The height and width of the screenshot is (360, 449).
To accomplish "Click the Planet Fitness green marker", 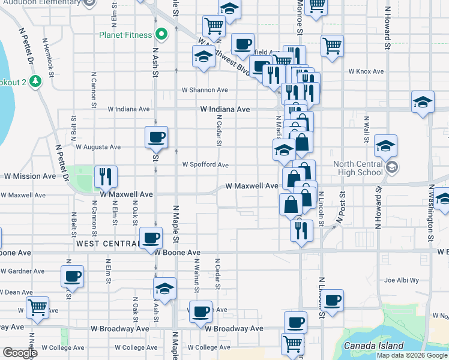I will coord(160,35).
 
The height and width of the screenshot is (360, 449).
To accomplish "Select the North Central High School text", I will coord(358,168).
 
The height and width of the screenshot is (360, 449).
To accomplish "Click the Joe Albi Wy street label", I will coord(401,280).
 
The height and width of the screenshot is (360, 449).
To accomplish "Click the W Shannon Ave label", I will coord(205,90).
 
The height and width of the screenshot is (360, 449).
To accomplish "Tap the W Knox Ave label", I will coord(367,71).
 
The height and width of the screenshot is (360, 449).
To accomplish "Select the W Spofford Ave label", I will coord(205,164).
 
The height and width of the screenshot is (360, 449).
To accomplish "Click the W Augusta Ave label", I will coord(98,146).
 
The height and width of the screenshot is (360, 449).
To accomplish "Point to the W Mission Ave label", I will coord(30,176).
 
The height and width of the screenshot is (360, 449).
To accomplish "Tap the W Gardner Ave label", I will coord(22,271).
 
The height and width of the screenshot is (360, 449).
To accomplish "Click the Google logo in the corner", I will coord(20,353).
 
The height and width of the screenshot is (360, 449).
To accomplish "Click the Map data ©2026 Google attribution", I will coord(412,355).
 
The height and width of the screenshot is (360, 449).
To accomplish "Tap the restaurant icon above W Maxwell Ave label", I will coord(106,175).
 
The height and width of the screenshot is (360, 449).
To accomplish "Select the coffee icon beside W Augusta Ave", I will coord(156,137).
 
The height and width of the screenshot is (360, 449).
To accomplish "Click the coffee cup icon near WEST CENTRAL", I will coord(151,238).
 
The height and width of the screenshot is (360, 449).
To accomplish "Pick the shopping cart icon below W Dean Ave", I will coord(38,307).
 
